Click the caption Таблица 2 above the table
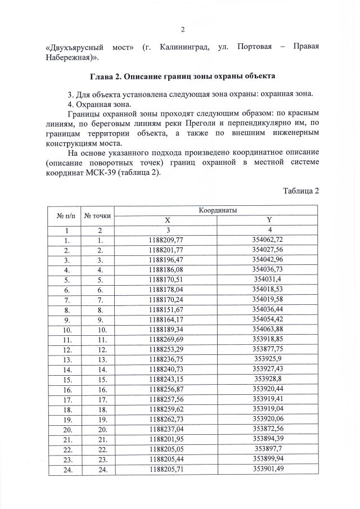pos(300,191)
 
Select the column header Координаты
pos(217,210)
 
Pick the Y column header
pos(269,220)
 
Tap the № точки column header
pos(98,215)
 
